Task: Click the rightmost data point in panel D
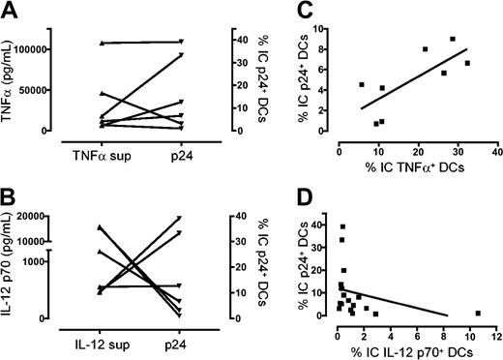tap(478, 313)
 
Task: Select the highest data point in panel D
tap(342, 226)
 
